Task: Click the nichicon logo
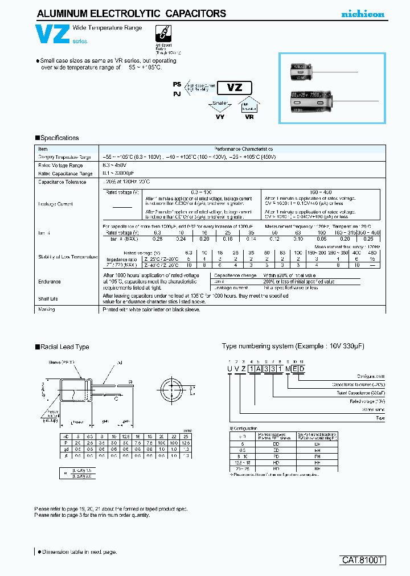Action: [x=363, y=14]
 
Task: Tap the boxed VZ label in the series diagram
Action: [x=235, y=88]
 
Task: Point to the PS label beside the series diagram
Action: [x=176, y=84]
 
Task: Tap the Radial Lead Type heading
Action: [x=62, y=347]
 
